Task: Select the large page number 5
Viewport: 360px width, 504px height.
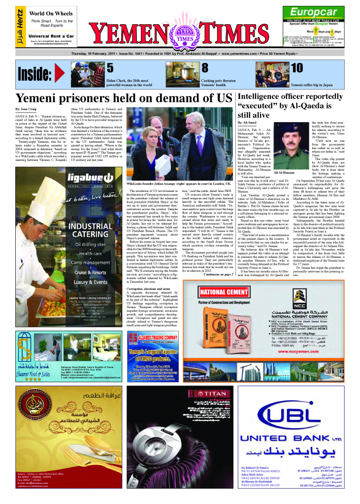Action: pyautogui.click(x=110, y=68)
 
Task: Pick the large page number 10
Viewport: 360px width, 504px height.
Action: pyautogui.click(x=296, y=68)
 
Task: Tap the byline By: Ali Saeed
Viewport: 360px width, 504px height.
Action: pyautogui.click(x=248, y=121)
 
